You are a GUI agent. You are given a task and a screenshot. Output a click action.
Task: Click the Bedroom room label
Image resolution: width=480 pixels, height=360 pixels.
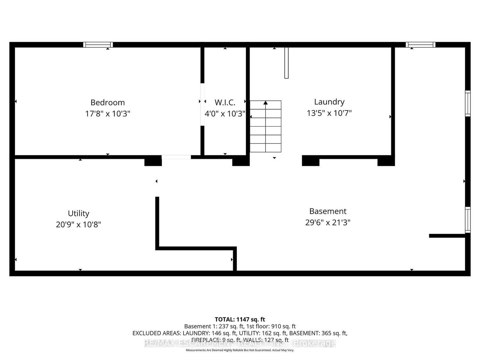click(x=107, y=103)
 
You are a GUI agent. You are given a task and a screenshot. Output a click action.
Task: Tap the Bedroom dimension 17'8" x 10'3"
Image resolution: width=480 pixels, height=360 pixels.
click(x=107, y=114)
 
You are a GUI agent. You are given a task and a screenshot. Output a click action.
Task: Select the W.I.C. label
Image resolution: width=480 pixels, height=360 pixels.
click(x=225, y=103)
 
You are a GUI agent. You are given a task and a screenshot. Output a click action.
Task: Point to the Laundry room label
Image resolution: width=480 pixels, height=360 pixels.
click(x=329, y=102)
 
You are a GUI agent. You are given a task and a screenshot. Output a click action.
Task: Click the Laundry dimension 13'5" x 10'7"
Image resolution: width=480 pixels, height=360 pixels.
click(x=329, y=113)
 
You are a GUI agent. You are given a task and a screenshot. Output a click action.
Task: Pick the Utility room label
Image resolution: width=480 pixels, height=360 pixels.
click(x=78, y=214)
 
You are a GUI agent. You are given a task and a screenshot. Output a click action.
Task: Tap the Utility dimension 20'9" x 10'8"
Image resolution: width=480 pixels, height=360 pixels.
click(x=78, y=224)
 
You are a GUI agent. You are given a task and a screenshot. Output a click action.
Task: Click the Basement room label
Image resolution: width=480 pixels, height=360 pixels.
click(x=328, y=211)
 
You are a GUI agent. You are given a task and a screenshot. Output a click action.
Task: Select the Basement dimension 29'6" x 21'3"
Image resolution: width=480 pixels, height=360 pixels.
click(x=328, y=223)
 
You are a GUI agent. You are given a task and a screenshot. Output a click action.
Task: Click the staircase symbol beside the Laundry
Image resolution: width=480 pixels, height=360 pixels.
click(x=265, y=127)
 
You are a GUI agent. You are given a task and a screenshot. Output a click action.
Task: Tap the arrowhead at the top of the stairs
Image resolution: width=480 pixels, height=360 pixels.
click(x=265, y=103)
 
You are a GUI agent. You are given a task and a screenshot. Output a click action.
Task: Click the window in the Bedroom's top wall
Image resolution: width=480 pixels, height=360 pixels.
click(x=98, y=45)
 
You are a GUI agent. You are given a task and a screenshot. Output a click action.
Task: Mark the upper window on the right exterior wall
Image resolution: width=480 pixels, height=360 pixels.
click(x=468, y=103)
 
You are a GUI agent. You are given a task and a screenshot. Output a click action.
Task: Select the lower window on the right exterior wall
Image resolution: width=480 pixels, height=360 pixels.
click(x=468, y=220)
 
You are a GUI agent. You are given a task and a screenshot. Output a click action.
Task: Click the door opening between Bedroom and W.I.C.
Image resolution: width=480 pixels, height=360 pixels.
click(x=202, y=104)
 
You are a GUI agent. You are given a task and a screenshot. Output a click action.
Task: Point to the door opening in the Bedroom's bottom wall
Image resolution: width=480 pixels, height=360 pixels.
click(x=176, y=157)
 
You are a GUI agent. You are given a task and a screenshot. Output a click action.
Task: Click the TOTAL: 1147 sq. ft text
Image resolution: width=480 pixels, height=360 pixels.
click(x=240, y=319)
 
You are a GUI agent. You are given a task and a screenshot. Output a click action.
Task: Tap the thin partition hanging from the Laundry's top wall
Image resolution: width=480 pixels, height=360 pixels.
click(x=286, y=63)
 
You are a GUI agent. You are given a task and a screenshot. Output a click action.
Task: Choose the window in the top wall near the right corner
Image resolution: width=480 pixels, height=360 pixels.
click(x=420, y=45)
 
